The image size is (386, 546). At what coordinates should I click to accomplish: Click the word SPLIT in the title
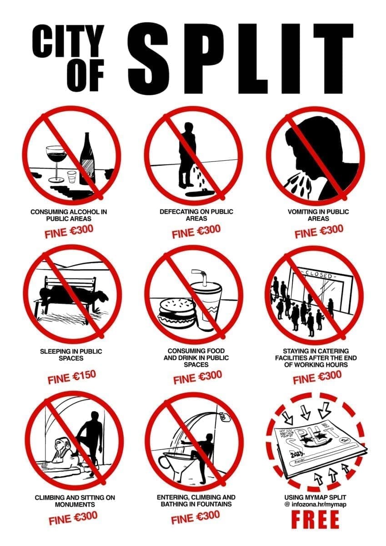point(240,59)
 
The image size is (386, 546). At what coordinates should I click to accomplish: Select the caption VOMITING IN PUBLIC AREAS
point(318,215)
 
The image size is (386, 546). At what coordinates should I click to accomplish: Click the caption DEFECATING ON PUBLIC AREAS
point(196,215)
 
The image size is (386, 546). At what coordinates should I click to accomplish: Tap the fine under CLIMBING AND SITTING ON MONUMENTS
point(73,511)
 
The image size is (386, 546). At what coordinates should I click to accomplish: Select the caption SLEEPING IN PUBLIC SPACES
point(71,354)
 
